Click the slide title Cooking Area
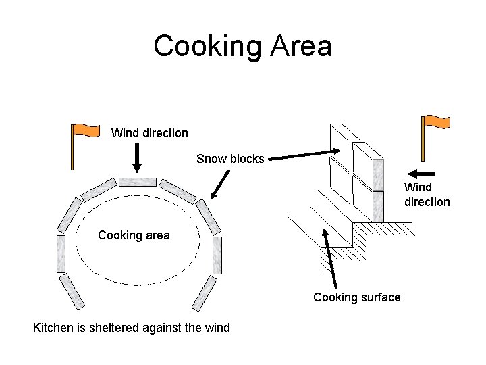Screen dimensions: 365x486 [x=242, y=46]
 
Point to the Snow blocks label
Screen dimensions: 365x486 [x=230, y=159]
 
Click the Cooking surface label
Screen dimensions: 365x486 [x=356, y=297]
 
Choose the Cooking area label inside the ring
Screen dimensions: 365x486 [x=134, y=235]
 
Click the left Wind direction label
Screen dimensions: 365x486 [x=149, y=133]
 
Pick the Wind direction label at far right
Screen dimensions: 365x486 [x=427, y=194]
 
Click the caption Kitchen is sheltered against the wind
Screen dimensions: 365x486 [x=132, y=328]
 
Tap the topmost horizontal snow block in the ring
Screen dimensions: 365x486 [x=138, y=182]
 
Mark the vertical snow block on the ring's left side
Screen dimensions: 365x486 [x=61, y=253]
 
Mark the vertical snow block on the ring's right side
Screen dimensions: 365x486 [x=216, y=255]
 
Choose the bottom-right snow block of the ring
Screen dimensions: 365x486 [x=205, y=292]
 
